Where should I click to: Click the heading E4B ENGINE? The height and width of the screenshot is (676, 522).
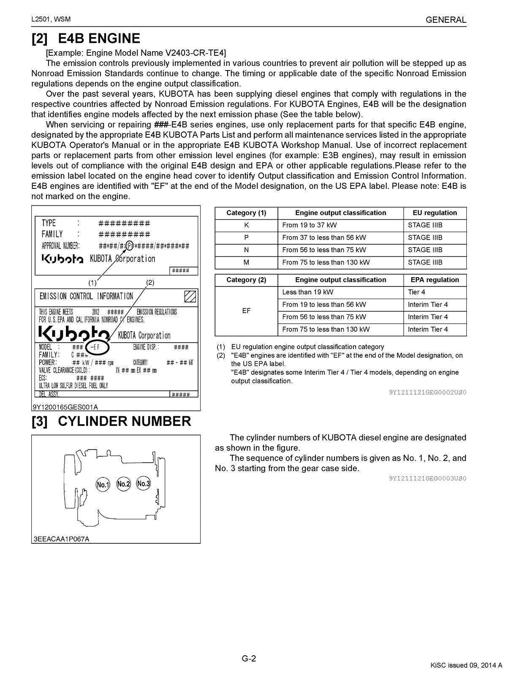tap(99, 38)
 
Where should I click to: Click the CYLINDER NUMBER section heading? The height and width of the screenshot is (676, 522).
tap(124, 421)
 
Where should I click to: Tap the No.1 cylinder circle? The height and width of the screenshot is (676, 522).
tap(103, 485)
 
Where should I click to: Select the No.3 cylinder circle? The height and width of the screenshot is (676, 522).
tap(144, 483)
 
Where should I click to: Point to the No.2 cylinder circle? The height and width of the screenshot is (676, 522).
tap(123, 484)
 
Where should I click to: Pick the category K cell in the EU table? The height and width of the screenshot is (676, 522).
tap(246, 225)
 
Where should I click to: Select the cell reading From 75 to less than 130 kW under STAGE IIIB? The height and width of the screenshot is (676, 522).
tap(326, 262)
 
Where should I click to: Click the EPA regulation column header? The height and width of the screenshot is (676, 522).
tap(435, 280)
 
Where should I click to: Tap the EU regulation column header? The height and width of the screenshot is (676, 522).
tap(435, 213)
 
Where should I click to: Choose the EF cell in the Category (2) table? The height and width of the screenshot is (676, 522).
tap(246, 311)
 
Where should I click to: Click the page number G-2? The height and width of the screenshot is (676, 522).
tap(249, 658)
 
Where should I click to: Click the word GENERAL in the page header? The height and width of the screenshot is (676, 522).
tap(446, 20)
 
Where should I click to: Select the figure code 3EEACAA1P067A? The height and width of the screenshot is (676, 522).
tap(61, 539)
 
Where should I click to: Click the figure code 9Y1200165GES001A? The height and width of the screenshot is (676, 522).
tap(65, 407)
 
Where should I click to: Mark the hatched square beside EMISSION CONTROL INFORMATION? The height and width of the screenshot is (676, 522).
tap(190, 297)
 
